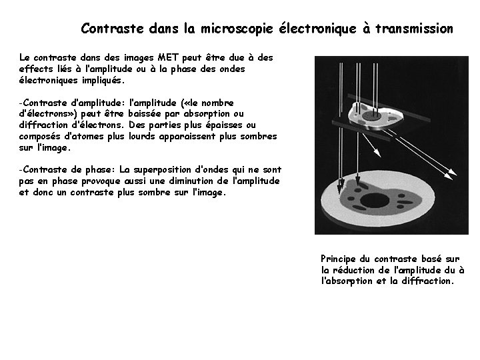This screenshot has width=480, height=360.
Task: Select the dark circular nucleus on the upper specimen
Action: click(x=375, y=115)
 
